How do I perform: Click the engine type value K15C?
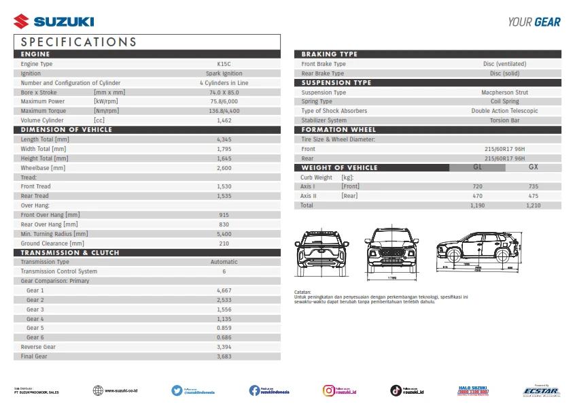(224, 64)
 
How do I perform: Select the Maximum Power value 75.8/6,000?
(224, 101)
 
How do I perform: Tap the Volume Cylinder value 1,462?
(224, 120)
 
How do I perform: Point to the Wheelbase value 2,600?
(224, 168)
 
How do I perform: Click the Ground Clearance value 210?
(224, 243)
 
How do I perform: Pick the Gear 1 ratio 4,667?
(224, 290)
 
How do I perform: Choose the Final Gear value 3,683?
(224, 356)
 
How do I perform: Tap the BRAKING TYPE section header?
(330, 54)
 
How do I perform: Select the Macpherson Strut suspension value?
(504, 92)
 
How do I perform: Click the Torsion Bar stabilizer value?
(504, 120)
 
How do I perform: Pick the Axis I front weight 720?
(477, 186)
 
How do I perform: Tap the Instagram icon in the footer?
(328, 390)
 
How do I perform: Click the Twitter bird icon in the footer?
(177, 390)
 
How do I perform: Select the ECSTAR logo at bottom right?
(541, 391)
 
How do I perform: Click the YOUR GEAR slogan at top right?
(534, 22)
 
